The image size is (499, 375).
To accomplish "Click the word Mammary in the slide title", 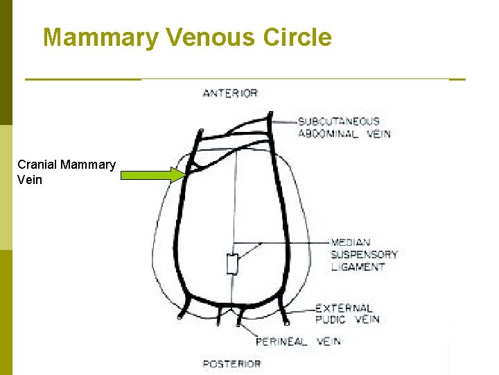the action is coord(100,37).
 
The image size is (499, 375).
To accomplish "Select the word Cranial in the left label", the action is coord(37,165).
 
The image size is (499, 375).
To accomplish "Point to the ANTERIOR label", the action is coord(230,93).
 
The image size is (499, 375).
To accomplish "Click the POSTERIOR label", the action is coord(231,363).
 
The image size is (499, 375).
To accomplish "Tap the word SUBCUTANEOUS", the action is coord(339,122).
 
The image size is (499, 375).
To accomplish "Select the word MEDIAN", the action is coord(351,242).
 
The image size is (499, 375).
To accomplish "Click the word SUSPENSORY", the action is coord(364,254).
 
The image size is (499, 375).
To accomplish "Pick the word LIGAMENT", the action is coord(358,267).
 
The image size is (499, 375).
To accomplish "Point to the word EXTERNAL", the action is coord(344,308).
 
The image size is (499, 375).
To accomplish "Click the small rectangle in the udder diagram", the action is coord(232,264).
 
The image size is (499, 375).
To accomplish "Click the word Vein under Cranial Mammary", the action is coord(30,180).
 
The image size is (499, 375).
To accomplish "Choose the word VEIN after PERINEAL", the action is coord(329,342).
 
